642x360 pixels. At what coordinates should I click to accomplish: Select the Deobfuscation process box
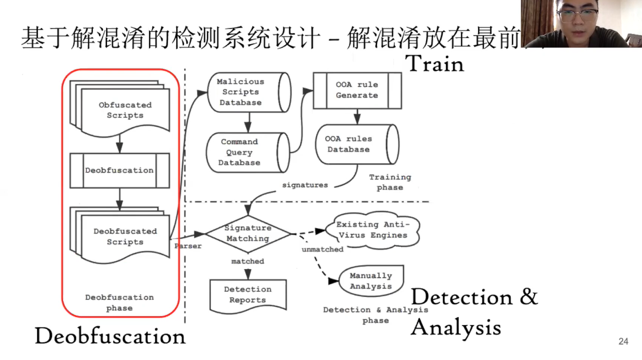tap(120, 170)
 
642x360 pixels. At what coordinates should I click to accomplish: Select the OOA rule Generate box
tap(357, 90)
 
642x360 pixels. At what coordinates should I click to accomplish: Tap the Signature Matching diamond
tap(248, 234)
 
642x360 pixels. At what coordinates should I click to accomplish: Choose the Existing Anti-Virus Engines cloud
tap(372, 230)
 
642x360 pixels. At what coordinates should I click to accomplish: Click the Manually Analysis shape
tap(371, 281)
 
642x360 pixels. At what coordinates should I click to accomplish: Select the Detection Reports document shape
tap(248, 295)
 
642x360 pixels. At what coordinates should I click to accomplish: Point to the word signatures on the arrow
tap(305, 185)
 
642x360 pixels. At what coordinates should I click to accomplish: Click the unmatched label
tap(322, 249)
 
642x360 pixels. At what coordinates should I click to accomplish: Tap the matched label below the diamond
tap(248, 261)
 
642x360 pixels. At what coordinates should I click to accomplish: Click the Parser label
tap(189, 246)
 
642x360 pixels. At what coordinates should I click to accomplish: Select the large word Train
tap(434, 64)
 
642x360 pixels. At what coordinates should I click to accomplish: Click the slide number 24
tap(623, 342)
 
